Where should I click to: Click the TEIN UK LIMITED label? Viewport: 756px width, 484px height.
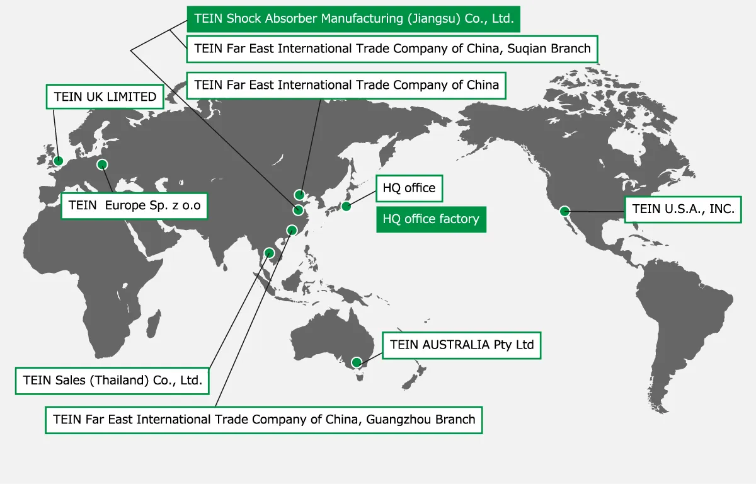(x=105, y=97)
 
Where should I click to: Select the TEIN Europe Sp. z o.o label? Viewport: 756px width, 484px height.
(x=134, y=205)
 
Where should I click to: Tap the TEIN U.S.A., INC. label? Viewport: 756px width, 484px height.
(x=683, y=209)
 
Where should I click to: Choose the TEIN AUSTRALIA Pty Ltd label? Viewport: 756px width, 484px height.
(x=462, y=345)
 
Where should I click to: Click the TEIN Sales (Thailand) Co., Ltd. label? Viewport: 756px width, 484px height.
(x=112, y=380)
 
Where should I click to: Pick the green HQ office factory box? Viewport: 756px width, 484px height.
(x=431, y=219)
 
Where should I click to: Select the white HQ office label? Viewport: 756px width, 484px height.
(x=409, y=188)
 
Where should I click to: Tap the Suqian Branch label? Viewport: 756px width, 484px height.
(x=392, y=49)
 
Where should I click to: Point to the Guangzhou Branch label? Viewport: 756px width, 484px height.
(x=264, y=419)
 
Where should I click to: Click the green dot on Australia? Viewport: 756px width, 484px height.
(x=357, y=362)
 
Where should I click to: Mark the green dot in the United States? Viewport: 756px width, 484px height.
(x=565, y=211)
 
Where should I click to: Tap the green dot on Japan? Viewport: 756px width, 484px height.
(x=346, y=206)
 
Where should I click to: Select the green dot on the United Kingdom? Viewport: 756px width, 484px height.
(x=59, y=161)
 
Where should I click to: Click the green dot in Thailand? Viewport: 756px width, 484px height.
(x=270, y=253)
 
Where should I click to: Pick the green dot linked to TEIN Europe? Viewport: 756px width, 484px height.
(x=102, y=164)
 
